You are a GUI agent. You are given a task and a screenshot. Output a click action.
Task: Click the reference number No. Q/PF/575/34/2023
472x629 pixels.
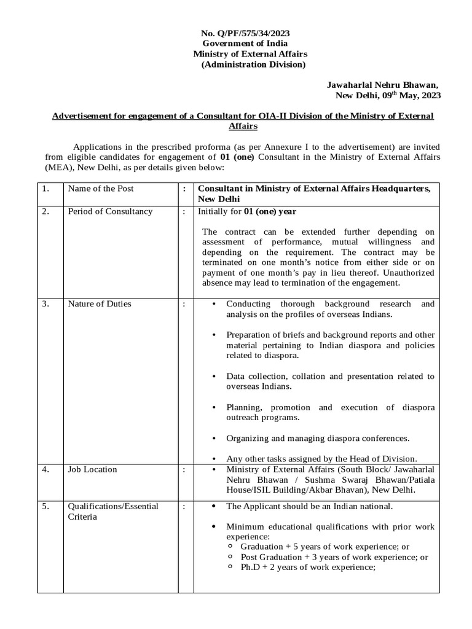[x=245, y=33]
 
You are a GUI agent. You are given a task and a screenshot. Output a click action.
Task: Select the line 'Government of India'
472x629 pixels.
[x=245, y=43]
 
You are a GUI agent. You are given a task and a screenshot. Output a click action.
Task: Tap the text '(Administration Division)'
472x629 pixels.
[x=253, y=64]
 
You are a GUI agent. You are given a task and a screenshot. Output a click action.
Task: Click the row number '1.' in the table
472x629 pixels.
[x=46, y=189]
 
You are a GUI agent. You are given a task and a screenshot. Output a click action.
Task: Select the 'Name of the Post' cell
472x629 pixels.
[x=100, y=189]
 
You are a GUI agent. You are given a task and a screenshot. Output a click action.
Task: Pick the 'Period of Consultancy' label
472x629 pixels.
[x=110, y=212]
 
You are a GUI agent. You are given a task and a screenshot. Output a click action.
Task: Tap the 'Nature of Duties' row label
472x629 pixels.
[x=99, y=304]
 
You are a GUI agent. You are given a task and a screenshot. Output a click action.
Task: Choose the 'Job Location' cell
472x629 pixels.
[x=92, y=469]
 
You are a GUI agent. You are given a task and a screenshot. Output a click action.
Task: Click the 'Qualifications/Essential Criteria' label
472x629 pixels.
[x=113, y=512]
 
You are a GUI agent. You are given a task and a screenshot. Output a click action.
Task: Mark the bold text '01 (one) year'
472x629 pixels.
[x=270, y=212]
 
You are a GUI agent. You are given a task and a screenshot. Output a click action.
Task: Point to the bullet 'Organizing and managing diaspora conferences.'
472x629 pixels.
[x=318, y=439]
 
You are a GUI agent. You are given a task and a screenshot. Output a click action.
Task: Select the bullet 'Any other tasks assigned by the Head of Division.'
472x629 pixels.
[x=321, y=458]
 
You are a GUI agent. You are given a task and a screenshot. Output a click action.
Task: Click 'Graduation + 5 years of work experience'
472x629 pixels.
[x=324, y=547]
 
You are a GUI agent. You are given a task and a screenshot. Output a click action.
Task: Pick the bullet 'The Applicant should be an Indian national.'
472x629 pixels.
[x=309, y=507]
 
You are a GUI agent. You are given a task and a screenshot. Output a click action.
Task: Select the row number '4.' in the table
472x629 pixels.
[x=46, y=469]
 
